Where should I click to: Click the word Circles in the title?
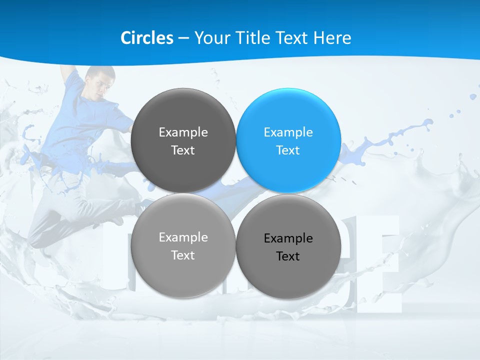(147, 38)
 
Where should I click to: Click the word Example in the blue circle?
(288, 132)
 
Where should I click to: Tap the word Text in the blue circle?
(288, 150)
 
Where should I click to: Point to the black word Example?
(288, 238)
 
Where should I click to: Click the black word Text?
(288, 256)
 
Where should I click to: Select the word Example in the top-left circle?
(183, 132)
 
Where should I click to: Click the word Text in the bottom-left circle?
(183, 255)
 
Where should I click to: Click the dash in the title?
(183, 38)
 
